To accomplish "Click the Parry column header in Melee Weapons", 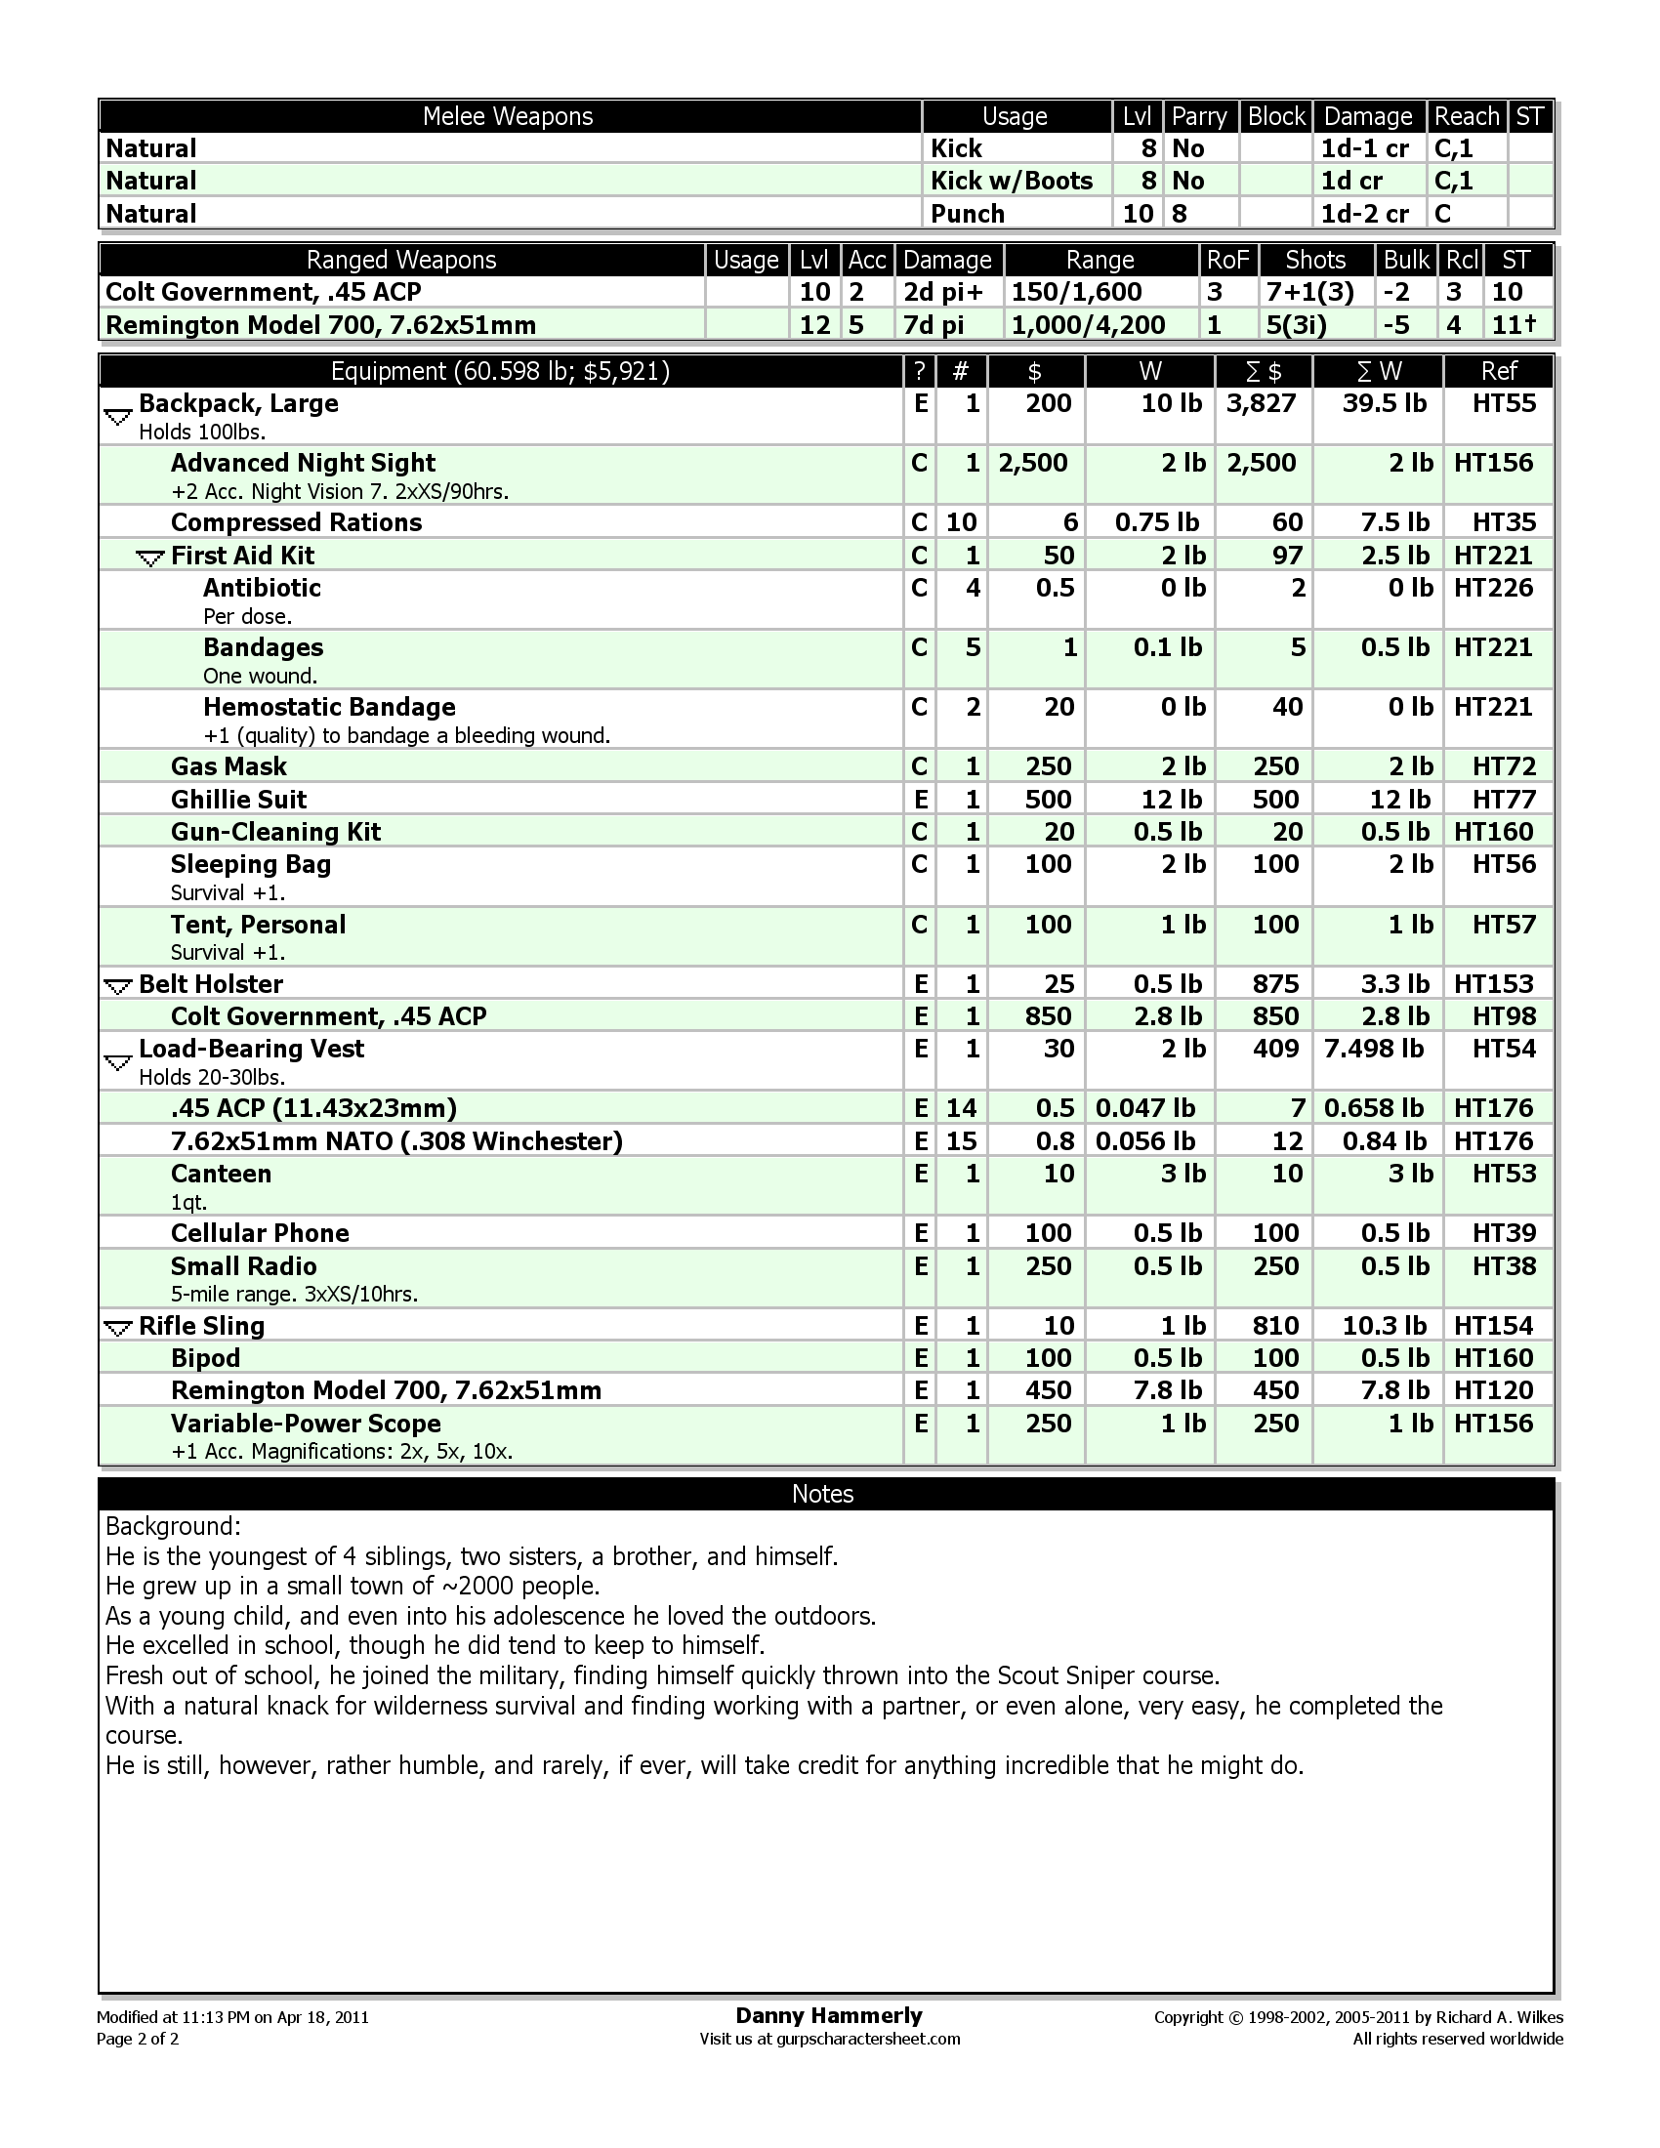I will (1199, 116).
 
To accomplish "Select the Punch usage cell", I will (968, 214).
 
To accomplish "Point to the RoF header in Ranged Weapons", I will (1227, 260).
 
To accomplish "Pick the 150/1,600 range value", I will (1077, 292).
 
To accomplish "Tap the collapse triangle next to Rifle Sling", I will (118, 1329).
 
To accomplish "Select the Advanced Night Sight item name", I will (303, 463).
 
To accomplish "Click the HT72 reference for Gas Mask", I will (1504, 766).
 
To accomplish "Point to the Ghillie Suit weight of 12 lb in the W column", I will (1169, 799).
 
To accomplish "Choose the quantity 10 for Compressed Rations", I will (961, 522).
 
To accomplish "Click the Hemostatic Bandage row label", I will (328, 707).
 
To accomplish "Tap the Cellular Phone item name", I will (260, 1233).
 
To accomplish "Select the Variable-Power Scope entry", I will (305, 1424).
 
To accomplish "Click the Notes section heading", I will (822, 1494).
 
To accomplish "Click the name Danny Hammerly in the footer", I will (828, 2016).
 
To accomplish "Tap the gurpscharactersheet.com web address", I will (868, 2039).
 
